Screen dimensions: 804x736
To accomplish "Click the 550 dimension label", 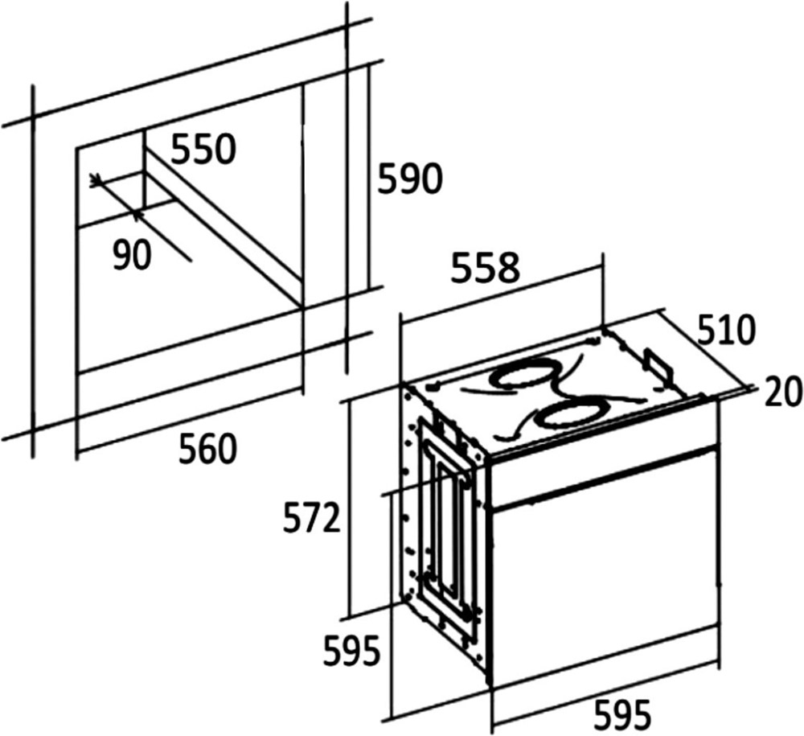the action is pyautogui.click(x=203, y=150).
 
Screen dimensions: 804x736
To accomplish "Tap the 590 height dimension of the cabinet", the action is pyautogui.click(x=409, y=179).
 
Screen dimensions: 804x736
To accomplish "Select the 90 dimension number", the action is pyautogui.click(x=133, y=255).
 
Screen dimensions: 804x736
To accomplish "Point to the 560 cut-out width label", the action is pyautogui.click(x=207, y=450).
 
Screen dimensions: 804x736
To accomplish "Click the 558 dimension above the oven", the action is pyautogui.click(x=485, y=267).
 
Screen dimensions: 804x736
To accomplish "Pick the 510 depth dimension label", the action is pyautogui.click(x=727, y=331).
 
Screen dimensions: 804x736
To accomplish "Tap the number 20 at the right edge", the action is pyautogui.click(x=782, y=392).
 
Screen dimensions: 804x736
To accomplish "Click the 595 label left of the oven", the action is pyautogui.click(x=352, y=651).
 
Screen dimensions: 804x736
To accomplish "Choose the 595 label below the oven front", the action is pyautogui.click(x=622, y=714).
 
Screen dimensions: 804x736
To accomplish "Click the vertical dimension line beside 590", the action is pyautogui.click(x=367, y=177).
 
